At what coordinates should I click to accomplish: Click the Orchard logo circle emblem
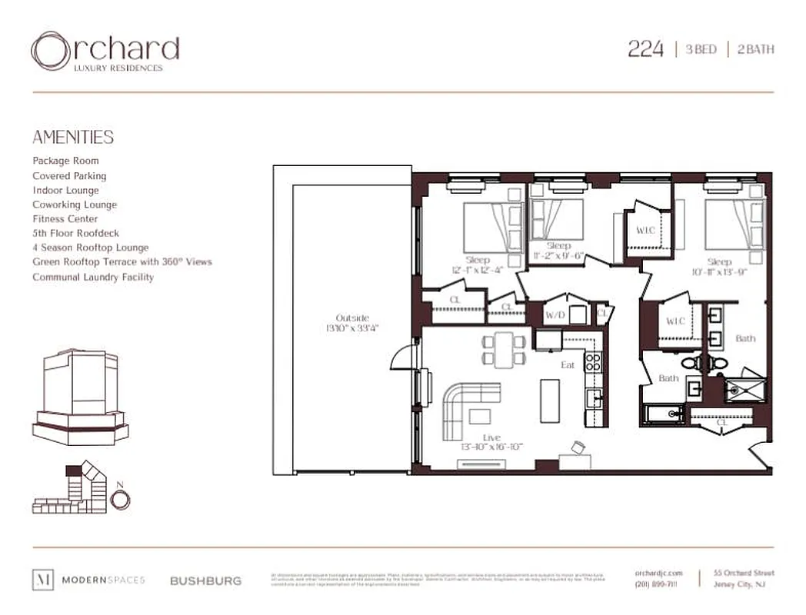[x=51, y=52]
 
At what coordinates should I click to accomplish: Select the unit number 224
[x=645, y=49]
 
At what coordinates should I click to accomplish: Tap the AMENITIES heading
[x=73, y=138]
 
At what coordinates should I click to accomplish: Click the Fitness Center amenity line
[x=65, y=219]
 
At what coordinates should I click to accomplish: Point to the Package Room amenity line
[x=65, y=161]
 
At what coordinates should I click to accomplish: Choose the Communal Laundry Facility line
[x=93, y=277]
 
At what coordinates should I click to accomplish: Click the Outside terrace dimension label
[x=352, y=323]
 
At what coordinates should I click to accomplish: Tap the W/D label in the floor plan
[x=555, y=315]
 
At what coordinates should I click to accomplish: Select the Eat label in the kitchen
[x=568, y=364]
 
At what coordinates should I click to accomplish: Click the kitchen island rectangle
[x=550, y=400]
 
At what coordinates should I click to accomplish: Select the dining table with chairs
[x=504, y=347]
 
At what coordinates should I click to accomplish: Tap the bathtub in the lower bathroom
[x=664, y=414]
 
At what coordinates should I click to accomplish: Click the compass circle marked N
[x=120, y=499]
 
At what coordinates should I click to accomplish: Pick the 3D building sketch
[x=80, y=396]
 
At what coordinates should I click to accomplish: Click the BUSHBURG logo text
[x=205, y=580]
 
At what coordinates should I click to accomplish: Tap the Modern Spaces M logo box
[x=42, y=580]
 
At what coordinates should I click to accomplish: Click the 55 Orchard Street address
[x=744, y=573]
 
